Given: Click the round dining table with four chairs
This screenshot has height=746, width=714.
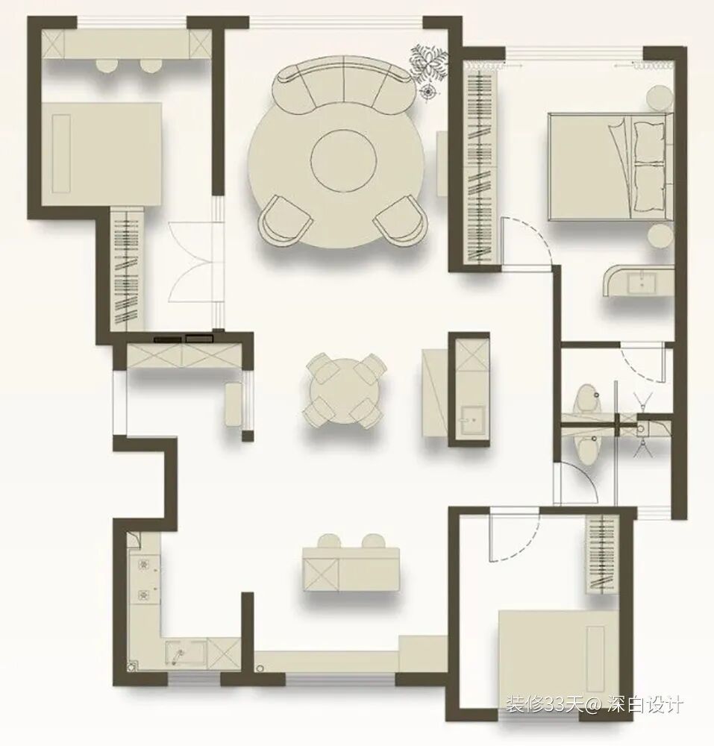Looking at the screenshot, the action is point(343,391).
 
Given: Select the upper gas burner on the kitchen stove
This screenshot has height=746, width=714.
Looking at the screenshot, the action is point(143,564).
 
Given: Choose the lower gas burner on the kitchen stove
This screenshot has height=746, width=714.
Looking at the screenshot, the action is point(143,595).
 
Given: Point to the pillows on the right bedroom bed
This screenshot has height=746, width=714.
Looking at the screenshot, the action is point(648,166).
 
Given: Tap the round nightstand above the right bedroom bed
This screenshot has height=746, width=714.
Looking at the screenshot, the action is point(660,98).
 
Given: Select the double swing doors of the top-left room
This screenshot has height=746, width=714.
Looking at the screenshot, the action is point(195,262).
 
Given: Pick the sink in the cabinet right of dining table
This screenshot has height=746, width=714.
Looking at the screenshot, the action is point(472,419).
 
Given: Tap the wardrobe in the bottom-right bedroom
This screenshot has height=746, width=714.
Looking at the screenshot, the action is point(602,554).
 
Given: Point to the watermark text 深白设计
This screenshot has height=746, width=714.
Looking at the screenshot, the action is point(645,705).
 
